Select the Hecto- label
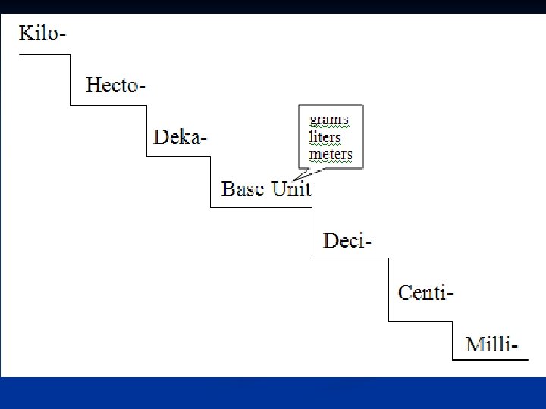click(115, 85)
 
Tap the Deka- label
click(180, 137)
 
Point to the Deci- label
click(348, 241)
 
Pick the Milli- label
click(492, 345)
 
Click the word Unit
click(291, 189)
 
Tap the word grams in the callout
click(329, 120)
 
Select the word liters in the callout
click(325, 138)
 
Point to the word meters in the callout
click(331, 155)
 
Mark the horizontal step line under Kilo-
click(44, 55)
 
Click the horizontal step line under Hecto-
click(108, 105)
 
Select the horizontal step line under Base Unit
click(261, 206)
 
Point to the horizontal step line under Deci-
click(350, 258)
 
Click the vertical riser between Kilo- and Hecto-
click(71, 80)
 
